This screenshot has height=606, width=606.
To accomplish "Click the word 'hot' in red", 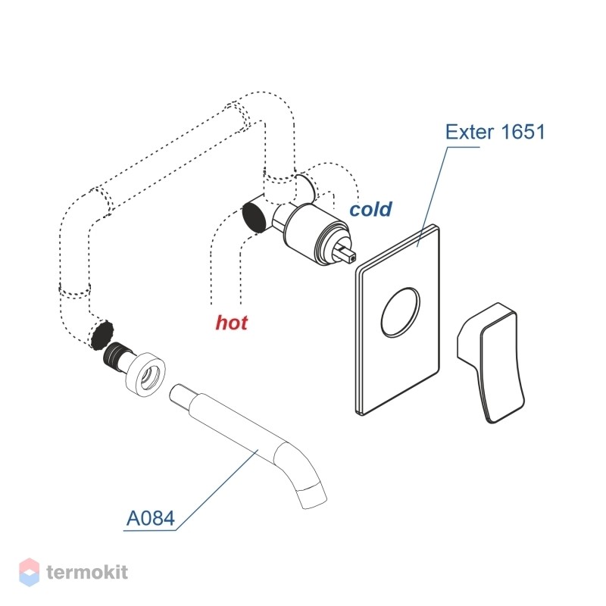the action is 232,323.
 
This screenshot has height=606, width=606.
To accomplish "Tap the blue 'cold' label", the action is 370,209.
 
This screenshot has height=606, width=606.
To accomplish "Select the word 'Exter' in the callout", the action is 470,132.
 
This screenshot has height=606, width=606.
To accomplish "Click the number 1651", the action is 523,132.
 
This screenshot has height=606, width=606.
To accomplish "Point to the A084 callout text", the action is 151,518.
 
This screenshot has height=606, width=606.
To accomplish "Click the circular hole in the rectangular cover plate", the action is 400,312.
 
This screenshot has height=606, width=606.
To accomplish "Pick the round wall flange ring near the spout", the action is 145,373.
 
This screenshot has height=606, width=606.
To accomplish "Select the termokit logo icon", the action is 30,573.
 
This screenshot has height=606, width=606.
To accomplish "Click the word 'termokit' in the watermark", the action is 87,573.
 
